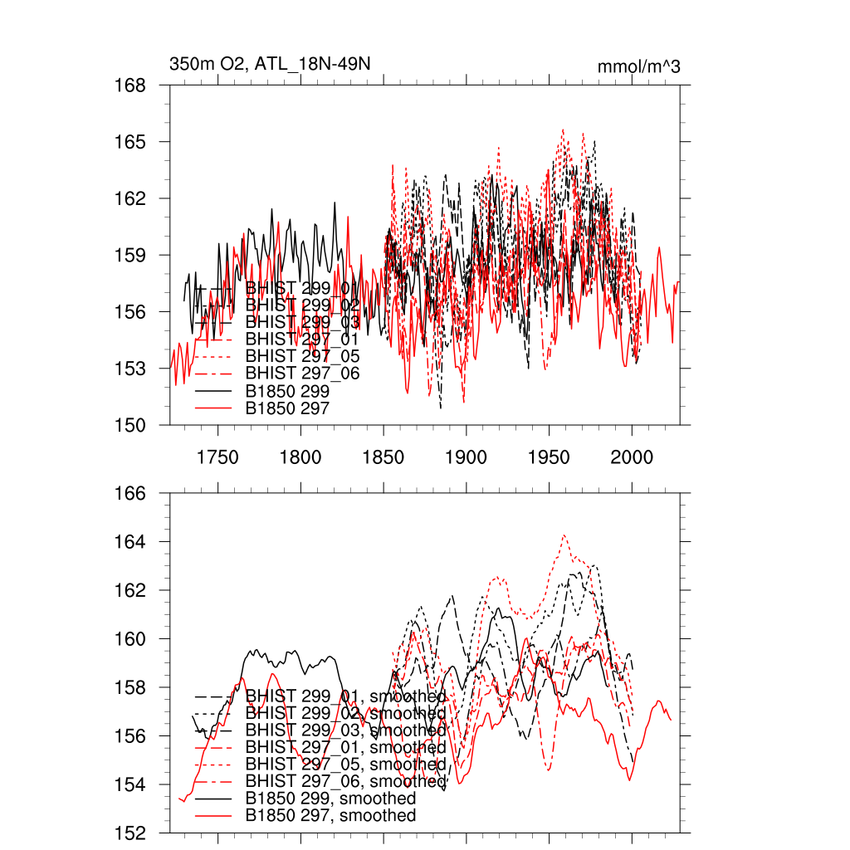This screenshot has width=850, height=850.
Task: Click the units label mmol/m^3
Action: (x=638, y=67)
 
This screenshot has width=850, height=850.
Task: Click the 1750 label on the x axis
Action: (x=217, y=457)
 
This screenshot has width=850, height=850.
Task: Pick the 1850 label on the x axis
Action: (x=383, y=457)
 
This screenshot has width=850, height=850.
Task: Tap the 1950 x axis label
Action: (x=550, y=457)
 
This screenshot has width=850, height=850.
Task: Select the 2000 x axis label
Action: (x=633, y=457)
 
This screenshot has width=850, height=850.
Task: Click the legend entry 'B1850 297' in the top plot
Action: (x=288, y=408)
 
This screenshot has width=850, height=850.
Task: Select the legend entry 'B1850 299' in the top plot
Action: (x=288, y=391)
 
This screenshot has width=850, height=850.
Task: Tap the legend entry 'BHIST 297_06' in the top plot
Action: (x=303, y=374)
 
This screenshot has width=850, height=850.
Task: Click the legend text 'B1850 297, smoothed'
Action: (x=331, y=816)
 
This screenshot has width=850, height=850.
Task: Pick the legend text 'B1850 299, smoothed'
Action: (x=331, y=799)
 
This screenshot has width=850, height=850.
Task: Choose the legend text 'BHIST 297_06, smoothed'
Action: (x=346, y=782)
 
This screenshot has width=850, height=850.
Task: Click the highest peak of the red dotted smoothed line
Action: (x=564, y=535)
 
